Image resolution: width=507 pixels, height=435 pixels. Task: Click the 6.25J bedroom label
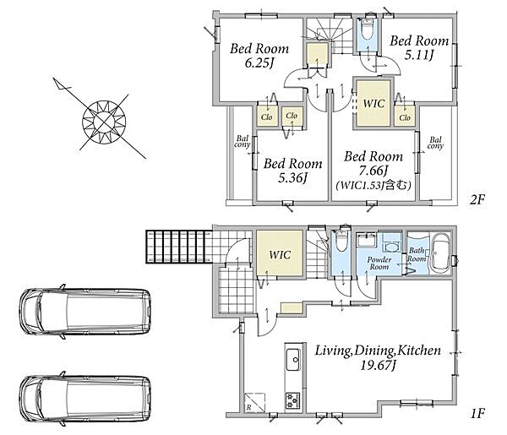coord(259,56)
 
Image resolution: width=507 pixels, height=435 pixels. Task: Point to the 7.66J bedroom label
coord(373,170)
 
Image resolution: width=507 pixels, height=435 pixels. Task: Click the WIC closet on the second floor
coord(373,103)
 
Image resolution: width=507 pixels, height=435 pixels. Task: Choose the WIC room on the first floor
coord(280,253)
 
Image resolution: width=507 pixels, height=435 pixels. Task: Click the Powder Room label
coord(379,264)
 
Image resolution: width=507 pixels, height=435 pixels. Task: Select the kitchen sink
coord(293,360)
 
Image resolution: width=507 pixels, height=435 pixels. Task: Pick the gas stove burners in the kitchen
coord(293,400)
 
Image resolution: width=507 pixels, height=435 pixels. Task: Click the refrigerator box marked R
coord(254,402)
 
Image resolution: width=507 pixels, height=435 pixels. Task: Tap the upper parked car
coord(85,312)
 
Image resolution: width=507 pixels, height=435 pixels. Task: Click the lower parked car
coord(85,399)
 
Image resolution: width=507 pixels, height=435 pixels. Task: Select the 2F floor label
coord(477,200)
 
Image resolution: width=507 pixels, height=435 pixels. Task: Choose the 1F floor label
coord(478,413)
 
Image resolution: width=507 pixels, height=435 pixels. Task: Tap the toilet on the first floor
coord(341,241)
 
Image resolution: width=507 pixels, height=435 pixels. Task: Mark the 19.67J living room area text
coord(378,366)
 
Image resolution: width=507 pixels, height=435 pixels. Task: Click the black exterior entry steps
coord(179,247)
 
